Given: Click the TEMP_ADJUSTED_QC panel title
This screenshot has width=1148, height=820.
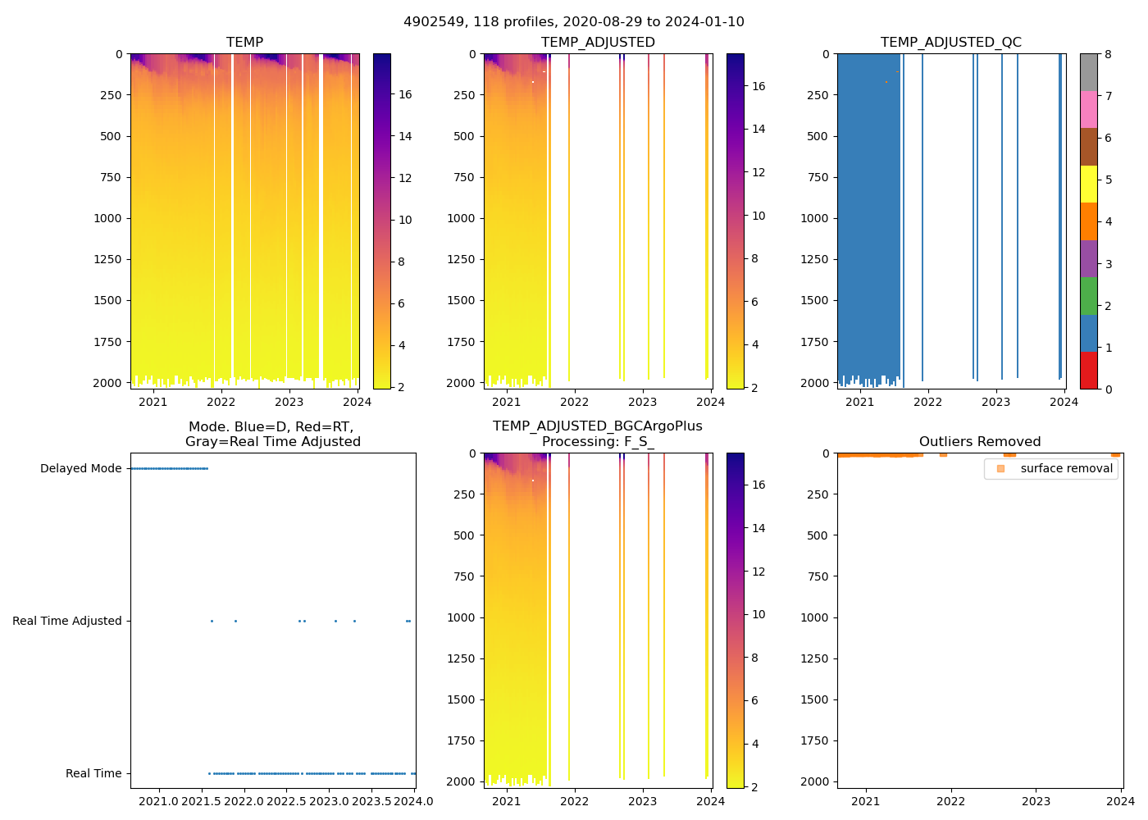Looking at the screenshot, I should [x=950, y=43].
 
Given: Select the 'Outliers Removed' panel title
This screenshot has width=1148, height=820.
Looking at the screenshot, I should [x=980, y=442].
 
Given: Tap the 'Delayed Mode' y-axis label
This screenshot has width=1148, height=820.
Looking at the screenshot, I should [x=80, y=469].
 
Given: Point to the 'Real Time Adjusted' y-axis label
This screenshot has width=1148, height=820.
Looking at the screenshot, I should [x=67, y=622].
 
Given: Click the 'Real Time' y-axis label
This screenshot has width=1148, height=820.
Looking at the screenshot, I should [x=93, y=773].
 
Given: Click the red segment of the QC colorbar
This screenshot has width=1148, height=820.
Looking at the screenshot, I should [x=1088, y=371].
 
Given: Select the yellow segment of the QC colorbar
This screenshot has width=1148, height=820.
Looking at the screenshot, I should [x=1088, y=184].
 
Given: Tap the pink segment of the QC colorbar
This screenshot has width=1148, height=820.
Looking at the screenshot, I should [x=1088, y=110].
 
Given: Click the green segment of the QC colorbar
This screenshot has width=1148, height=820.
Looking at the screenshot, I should [x=1088, y=296].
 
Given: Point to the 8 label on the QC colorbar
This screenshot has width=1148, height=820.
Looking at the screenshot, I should [x=1109, y=55].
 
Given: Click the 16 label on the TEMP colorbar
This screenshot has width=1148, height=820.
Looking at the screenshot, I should [x=405, y=94].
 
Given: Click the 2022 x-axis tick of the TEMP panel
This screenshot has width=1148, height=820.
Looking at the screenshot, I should [x=221, y=402].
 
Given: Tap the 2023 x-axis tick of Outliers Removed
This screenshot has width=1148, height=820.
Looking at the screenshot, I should [x=1036, y=801].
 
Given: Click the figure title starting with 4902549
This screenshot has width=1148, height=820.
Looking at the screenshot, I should [x=573, y=22].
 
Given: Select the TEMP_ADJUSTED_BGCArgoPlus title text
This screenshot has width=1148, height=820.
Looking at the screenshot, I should [x=597, y=426].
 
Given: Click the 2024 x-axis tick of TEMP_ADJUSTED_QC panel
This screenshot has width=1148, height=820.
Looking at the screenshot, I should [x=1064, y=402].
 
